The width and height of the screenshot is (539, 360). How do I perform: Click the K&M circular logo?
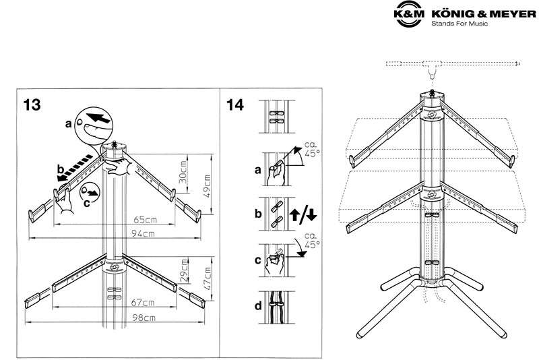409,14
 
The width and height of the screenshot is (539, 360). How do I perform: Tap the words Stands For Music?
459,24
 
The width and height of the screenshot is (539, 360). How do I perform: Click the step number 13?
32,105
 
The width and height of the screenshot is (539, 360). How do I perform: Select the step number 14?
235,105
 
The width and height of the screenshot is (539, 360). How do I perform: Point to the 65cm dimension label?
145,219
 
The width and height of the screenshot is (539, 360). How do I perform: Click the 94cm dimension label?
143,234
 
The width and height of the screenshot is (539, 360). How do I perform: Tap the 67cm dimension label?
143,303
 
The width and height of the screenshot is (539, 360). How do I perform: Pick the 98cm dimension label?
144,318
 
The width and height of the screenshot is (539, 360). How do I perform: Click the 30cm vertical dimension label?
183,172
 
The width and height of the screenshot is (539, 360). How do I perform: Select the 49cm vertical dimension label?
207,186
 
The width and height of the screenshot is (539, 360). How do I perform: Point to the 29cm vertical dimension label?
184,271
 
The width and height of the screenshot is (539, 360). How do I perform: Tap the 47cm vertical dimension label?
208,279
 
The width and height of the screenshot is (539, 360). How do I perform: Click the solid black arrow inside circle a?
98,117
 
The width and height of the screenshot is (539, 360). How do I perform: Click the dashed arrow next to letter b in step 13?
75,168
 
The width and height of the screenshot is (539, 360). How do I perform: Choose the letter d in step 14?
258,305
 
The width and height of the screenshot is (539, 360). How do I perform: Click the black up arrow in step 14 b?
294,214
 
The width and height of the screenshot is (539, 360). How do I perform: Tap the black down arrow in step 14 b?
311,214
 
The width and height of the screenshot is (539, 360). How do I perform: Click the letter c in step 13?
87,203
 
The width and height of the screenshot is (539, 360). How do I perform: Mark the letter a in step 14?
258,170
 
